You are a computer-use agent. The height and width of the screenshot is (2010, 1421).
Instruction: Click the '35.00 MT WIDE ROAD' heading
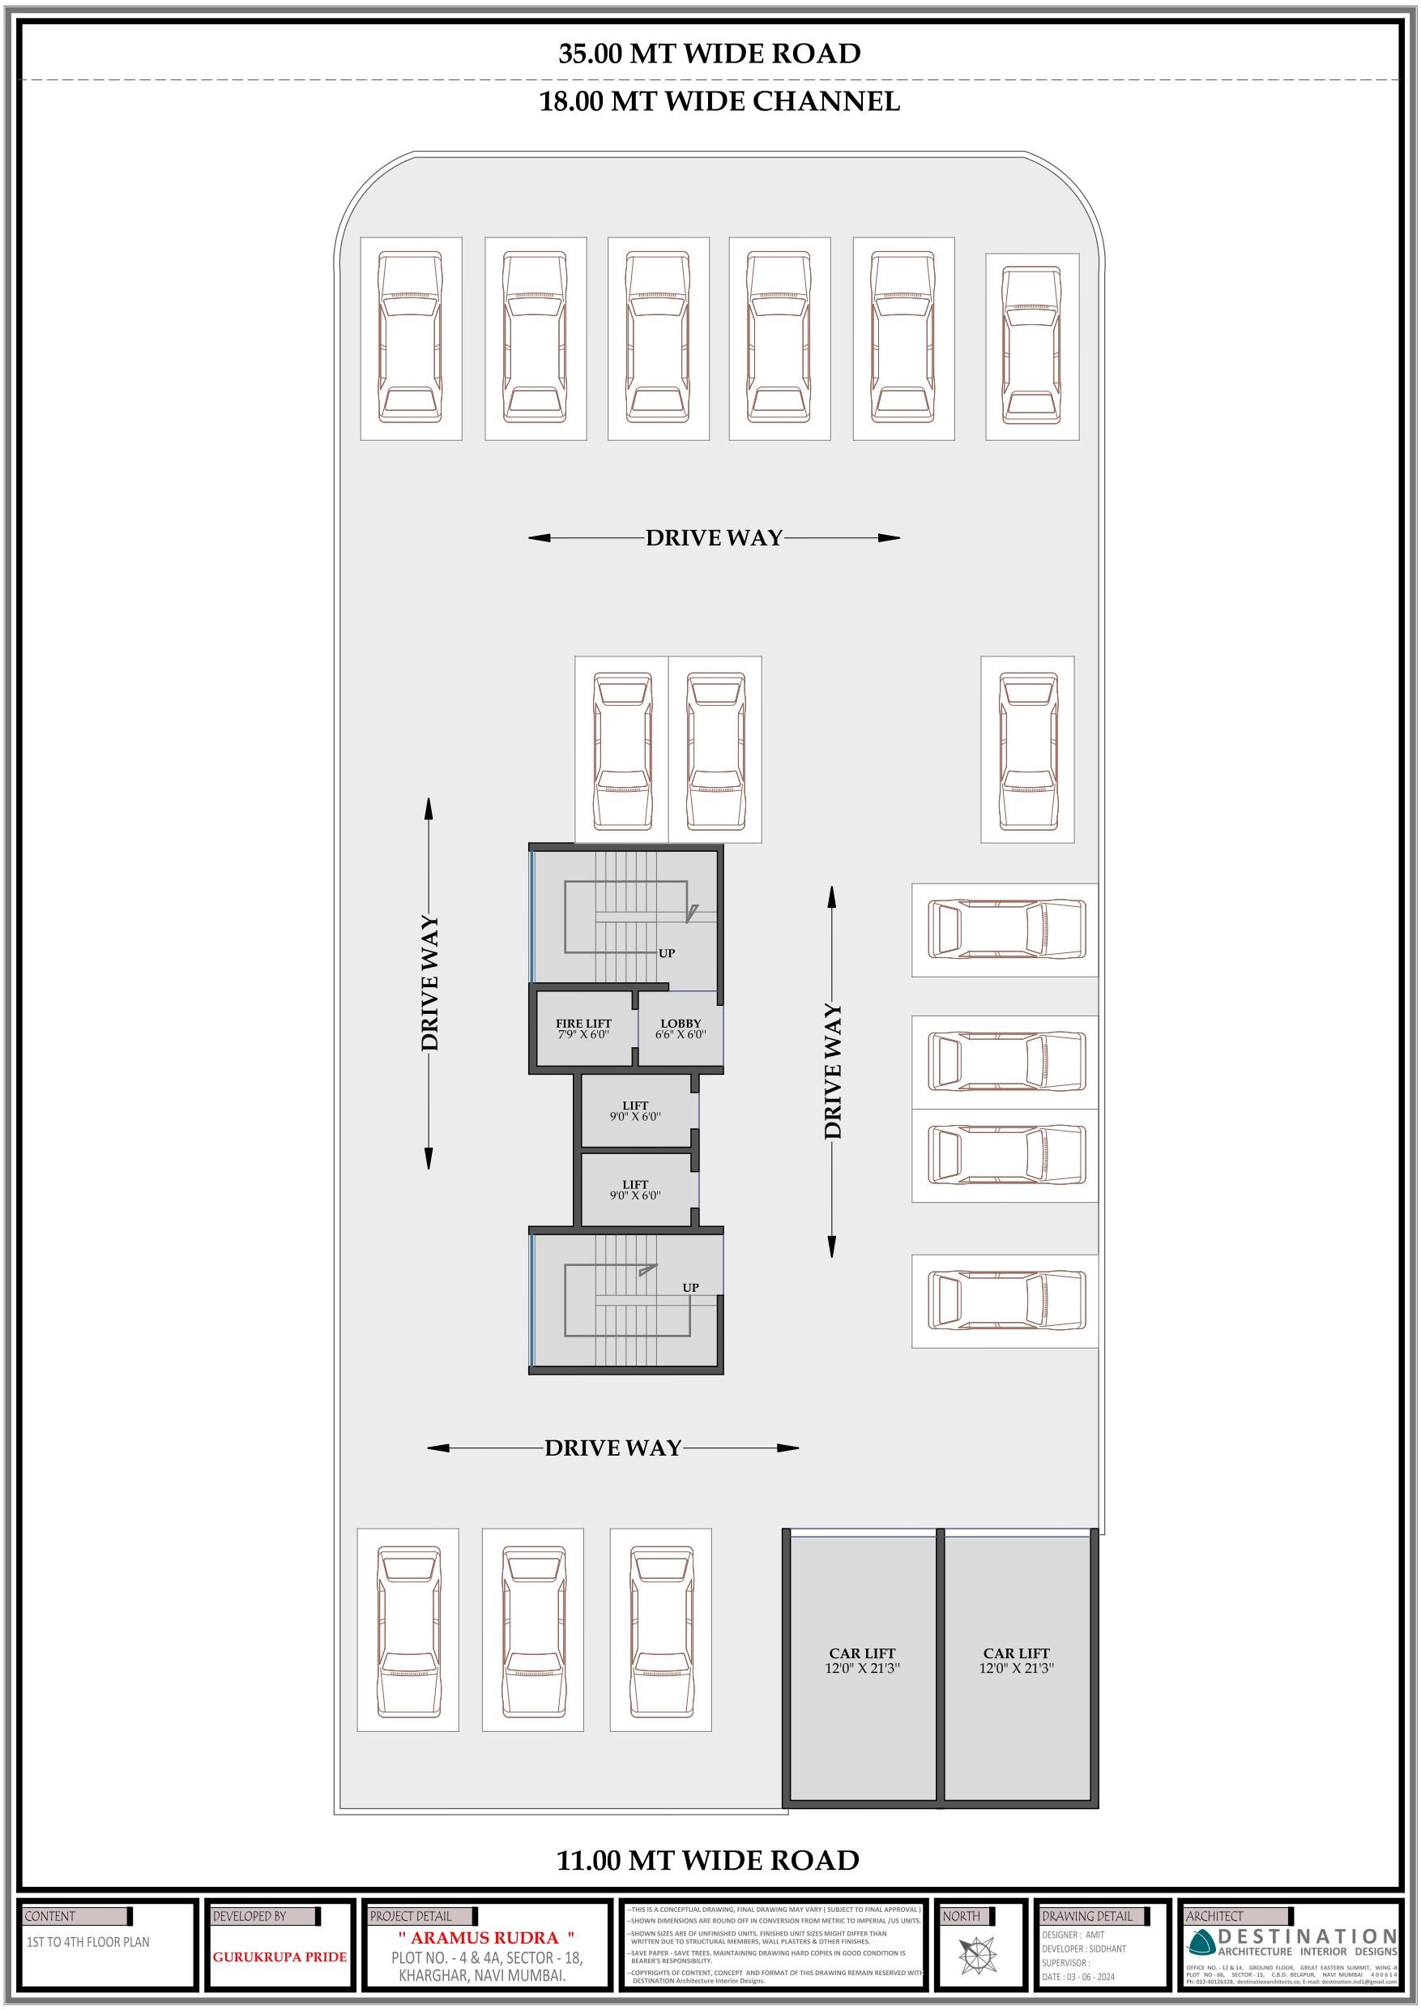click(x=710, y=53)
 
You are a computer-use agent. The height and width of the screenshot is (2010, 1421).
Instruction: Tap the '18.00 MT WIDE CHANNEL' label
click(x=719, y=101)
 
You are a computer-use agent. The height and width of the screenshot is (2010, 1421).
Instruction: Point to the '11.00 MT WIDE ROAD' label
click(x=708, y=1859)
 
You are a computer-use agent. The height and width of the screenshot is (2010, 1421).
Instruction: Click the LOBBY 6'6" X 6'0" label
click(x=681, y=1029)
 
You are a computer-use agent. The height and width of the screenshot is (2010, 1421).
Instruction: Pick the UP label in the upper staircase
click(x=667, y=953)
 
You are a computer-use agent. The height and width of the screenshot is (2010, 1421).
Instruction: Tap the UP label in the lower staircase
click(x=690, y=1288)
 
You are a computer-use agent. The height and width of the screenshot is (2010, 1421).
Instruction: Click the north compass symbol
click(x=977, y=1956)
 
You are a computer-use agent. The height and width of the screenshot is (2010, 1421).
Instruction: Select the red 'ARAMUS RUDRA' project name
click(x=485, y=1938)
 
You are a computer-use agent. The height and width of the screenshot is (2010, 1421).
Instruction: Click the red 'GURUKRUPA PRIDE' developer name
click(x=280, y=1957)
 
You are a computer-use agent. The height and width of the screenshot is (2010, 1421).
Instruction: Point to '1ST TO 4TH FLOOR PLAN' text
click(x=87, y=1942)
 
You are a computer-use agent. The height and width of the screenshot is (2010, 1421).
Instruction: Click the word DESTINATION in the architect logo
click(x=1308, y=1935)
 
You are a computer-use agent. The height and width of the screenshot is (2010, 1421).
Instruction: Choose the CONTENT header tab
click(x=51, y=1916)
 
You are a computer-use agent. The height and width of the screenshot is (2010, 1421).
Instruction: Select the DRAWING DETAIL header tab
click(x=1086, y=1916)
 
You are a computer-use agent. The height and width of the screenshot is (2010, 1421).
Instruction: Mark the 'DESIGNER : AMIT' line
click(x=1073, y=1935)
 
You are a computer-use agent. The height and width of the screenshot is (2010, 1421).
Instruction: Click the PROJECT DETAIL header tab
click(x=412, y=1916)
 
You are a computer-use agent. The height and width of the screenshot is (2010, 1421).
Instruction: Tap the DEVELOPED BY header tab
click(x=250, y=1916)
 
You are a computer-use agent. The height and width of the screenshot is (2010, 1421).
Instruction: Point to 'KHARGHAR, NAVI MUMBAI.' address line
click(x=482, y=1975)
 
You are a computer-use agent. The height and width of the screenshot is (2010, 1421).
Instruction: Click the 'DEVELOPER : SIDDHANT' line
click(x=1083, y=1948)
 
